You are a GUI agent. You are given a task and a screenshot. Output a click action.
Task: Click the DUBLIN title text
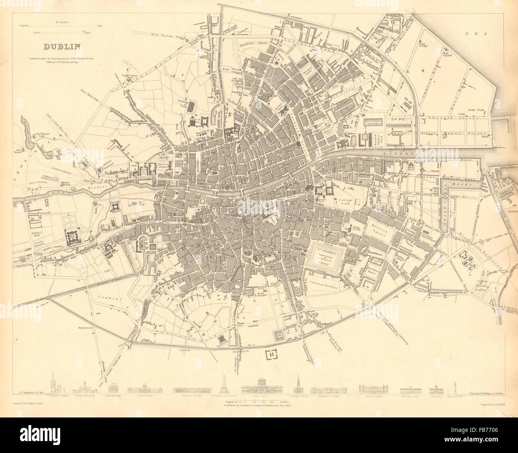point(62,47)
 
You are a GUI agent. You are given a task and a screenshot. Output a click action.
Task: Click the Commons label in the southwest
point(104,298)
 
